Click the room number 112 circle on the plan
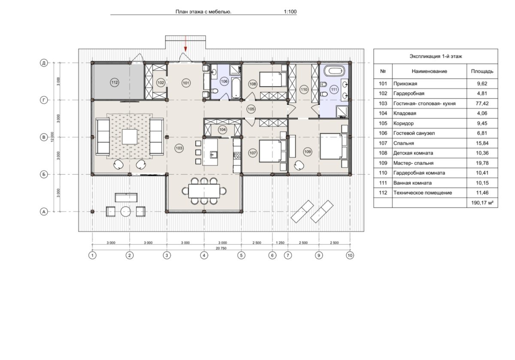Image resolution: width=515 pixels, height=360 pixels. tap(115, 82)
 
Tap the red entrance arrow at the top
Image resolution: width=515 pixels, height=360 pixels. tap(185, 43)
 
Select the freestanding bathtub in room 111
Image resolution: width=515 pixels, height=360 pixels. tap(334, 71)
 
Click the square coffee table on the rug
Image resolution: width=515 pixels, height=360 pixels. tap(130, 137)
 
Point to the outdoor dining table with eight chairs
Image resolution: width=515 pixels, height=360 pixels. tap(204, 191)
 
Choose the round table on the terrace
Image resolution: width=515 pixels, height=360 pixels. tap(126, 212)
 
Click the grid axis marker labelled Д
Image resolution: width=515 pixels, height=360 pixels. tap(44, 63)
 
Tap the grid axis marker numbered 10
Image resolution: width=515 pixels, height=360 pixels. tap(350, 255)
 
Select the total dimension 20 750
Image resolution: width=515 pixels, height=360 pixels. tap(221, 248)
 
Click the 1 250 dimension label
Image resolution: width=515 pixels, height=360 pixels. tap(280, 242)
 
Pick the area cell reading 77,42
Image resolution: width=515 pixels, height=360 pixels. tap(482, 103)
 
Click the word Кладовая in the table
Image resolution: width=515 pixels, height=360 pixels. tap(405, 113)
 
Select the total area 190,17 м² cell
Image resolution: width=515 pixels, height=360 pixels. tap(482, 203)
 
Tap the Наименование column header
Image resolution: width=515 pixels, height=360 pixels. tap(429, 71)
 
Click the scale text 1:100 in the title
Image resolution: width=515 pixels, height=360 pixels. tap(290, 12)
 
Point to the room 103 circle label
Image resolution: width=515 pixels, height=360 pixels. tap(179, 148)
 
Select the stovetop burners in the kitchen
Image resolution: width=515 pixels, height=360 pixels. tap(237, 156)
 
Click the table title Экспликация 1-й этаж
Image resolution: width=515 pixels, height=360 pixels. tap(436, 56)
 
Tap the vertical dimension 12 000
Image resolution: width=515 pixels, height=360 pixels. tap(52, 137)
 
